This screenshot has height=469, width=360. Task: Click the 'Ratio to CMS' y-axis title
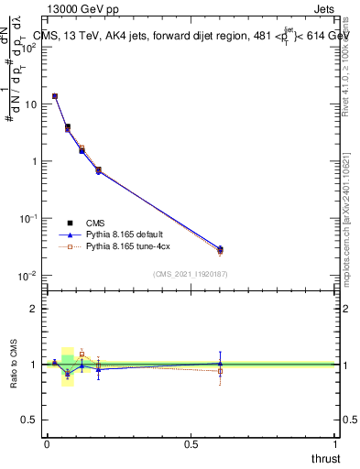pyautogui.click(x=15, y=364)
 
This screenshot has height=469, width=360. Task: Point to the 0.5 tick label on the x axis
pyautogui.click(x=191, y=444)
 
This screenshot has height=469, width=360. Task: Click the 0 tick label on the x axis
pyautogui.click(x=47, y=444)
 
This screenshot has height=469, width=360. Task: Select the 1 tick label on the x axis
pyautogui.click(x=335, y=444)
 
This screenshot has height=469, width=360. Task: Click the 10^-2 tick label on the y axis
pyautogui.click(x=27, y=276)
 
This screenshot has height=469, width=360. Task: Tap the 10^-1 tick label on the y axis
pyautogui.click(x=27, y=219)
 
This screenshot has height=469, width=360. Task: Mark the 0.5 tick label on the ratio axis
pyautogui.click(x=31, y=420)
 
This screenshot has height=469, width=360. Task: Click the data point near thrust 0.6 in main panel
pyautogui.click(x=220, y=249)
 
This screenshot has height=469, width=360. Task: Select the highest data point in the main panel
pyautogui.click(x=55, y=96)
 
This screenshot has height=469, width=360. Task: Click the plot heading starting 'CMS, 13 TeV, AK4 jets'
pyautogui.click(x=192, y=36)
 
